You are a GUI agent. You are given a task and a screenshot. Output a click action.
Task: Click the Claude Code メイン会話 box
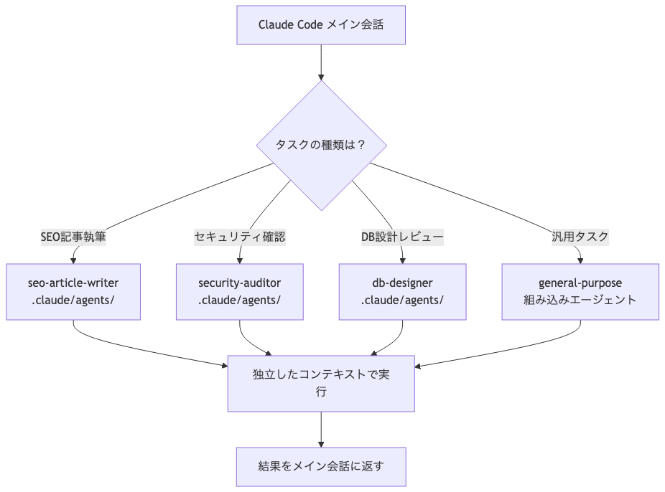point(321,25)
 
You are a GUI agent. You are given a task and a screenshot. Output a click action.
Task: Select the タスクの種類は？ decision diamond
point(321,145)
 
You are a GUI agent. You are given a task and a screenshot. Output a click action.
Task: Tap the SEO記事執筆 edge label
point(73,236)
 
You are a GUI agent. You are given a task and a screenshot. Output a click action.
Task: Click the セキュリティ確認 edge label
point(240,236)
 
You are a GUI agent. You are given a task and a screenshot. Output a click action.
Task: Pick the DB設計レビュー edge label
point(402,236)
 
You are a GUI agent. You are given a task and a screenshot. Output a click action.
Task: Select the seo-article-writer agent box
point(73,291)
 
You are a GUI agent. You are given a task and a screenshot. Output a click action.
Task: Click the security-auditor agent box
point(240,291)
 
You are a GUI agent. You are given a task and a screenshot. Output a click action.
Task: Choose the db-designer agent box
point(402,291)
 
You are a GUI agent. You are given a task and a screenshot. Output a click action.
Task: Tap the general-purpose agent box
point(580,291)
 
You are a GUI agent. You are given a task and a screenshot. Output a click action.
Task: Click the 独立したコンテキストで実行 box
point(321,383)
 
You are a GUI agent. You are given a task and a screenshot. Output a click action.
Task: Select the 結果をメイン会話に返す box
point(321,466)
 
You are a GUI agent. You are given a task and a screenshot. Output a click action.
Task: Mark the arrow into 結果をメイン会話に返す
point(321,430)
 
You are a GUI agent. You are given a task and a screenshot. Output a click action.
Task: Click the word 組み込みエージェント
point(580,300)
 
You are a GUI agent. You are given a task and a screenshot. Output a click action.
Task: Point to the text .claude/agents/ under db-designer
point(402,300)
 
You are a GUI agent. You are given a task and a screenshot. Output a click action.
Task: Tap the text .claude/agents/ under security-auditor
point(240,300)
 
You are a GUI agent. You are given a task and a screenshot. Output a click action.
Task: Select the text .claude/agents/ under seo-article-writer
point(73,300)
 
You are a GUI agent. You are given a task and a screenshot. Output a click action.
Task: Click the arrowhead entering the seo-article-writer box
point(73,260)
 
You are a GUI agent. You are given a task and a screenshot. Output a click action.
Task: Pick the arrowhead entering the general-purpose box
point(580,260)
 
